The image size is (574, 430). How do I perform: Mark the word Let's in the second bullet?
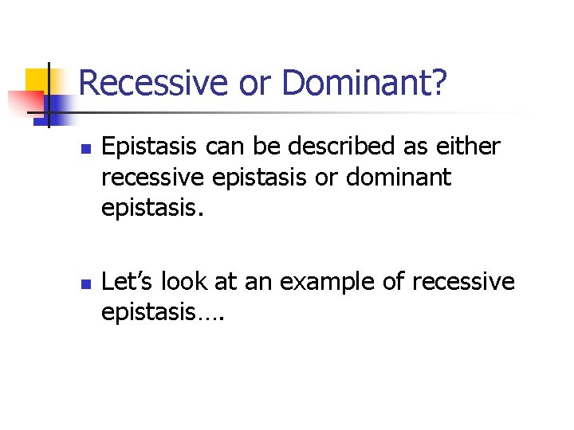coord(128,283)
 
